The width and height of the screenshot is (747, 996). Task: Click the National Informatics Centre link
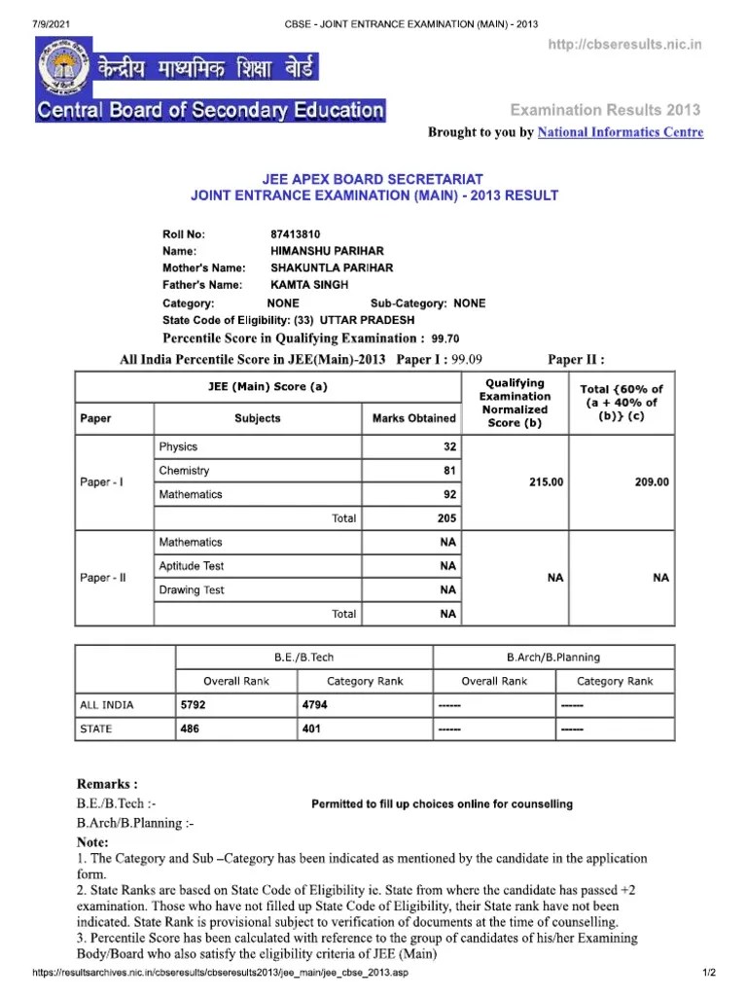(x=621, y=132)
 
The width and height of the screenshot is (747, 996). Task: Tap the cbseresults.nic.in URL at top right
(x=624, y=45)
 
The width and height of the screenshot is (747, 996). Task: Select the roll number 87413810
(x=296, y=234)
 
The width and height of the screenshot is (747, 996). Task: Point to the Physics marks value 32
(x=448, y=446)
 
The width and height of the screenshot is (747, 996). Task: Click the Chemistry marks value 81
(x=448, y=471)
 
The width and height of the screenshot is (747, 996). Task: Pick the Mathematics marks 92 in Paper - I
(x=448, y=494)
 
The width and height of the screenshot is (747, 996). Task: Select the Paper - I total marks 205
(x=447, y=518)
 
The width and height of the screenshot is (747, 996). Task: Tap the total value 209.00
(x=651, y=482)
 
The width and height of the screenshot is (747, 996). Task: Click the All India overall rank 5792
(x=195, y=704)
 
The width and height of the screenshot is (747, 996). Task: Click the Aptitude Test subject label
(x=192, y=566)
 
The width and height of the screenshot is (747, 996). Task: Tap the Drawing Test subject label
(x=192, y=589)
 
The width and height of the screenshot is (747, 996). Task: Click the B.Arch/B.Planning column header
(x=552, y=658)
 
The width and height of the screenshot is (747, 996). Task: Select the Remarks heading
(x=107, y=784)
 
